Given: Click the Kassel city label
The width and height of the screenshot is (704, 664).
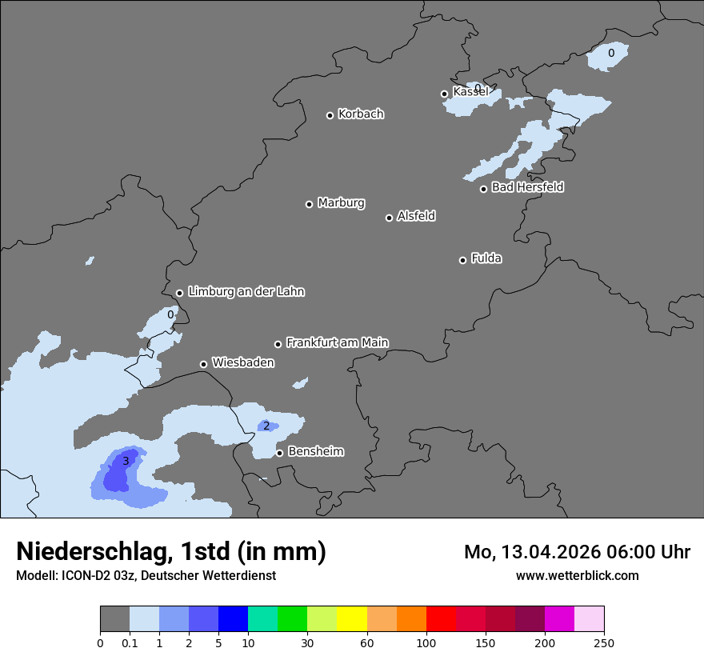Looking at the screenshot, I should tap(470, 92).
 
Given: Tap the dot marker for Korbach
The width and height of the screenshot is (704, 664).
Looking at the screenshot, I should tap(330, 115).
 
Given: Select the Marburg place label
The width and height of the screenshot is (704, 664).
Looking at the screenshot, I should tap(341, 203).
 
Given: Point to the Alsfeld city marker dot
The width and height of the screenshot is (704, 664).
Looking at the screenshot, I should tap(389, 218).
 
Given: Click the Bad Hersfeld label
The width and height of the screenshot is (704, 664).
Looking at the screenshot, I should tap(527, 187).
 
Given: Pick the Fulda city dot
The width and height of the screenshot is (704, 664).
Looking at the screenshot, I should tap(462, 260).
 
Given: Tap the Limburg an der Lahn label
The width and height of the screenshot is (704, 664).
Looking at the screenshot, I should tap(246, 292).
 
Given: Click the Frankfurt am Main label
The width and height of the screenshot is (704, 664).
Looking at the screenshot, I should tap(337, 342).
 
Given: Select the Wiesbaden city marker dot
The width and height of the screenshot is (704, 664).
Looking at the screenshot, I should tap(203, 364).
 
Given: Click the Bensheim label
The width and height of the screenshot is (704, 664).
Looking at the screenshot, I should tap(315, 451).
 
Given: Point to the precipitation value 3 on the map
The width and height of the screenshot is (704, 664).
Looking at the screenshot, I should tap(126, 462).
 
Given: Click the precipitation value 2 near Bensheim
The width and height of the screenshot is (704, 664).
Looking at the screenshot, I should tap(266, 426).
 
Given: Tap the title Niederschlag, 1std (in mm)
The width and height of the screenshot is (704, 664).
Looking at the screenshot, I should tap(171, 551).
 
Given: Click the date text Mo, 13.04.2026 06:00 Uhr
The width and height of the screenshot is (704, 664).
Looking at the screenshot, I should tap(577, 552).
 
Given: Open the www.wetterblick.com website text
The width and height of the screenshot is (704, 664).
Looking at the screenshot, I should tap(577, 575).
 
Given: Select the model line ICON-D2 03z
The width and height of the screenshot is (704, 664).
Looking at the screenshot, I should tap(146, 575).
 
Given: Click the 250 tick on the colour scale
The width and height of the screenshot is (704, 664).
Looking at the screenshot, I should tap(604, 643).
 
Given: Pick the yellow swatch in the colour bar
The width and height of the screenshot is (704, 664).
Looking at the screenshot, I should tap(352, 619).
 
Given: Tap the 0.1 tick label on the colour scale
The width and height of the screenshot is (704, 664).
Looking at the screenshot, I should tap(130, 643).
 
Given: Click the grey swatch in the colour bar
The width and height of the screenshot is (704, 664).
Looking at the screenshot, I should tap(114, 619).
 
